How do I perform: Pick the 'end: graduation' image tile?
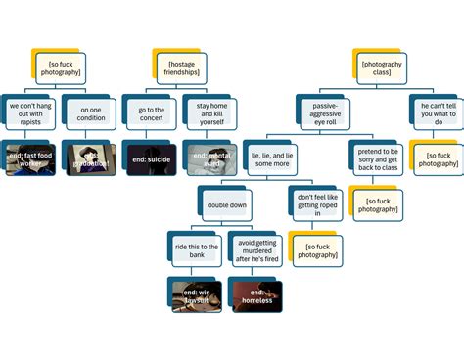(90, 157)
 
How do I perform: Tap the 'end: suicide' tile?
(151, 158)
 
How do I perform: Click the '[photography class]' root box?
(380, 66)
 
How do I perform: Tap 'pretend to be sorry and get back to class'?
(378, 157)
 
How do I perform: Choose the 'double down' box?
(226, 204)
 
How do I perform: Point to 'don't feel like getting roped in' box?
(317, 204)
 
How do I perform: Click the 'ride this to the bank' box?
(196, 249)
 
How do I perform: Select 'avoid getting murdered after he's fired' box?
(256, 249)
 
